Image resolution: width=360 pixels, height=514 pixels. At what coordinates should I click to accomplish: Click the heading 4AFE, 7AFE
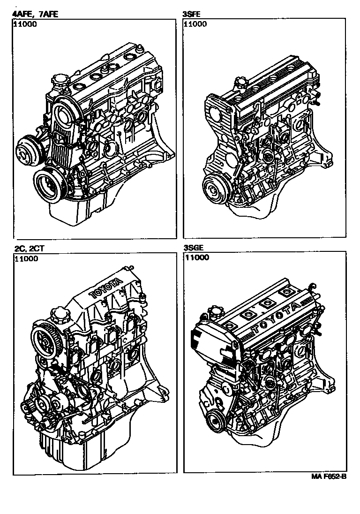[35, 14]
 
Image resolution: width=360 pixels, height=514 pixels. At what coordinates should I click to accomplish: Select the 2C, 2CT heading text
[29, 249]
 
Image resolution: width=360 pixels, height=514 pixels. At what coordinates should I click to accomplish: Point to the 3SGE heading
[193, 248]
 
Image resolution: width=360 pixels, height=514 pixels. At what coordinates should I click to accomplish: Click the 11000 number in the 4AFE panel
[25, 24]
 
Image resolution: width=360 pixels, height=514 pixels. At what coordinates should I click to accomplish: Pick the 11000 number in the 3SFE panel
[195, 24]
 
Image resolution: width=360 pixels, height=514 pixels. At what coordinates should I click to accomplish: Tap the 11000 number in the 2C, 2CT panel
[27, 258]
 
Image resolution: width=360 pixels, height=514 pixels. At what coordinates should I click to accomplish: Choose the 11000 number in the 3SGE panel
[197, 257]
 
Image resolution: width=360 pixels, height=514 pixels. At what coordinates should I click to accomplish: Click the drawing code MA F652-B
[329, 476]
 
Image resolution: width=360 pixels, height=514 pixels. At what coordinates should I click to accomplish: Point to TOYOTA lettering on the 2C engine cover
[105, 288]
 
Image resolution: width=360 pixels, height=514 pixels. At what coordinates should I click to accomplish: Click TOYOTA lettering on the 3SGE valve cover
[277, 317]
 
